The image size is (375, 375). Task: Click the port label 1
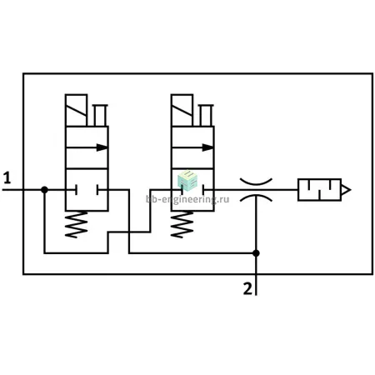7,177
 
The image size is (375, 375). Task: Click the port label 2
247,288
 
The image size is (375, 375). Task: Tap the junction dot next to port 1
44,190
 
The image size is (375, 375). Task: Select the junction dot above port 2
256,253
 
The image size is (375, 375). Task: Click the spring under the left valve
77,224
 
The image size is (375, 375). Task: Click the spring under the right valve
182,224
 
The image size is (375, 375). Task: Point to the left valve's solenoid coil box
77,110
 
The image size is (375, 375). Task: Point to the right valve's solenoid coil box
182,110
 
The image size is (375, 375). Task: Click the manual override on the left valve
100,115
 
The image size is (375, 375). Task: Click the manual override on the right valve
206,115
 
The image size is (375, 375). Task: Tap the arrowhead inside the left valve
102,147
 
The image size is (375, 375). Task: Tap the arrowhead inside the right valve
207,147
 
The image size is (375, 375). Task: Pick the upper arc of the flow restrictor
256,182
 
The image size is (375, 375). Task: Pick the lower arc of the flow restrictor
256,197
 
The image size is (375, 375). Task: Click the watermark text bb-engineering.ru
187,199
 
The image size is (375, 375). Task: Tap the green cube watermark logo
187,181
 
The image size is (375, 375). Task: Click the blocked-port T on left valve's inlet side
76,190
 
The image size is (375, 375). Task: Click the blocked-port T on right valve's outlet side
204,190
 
